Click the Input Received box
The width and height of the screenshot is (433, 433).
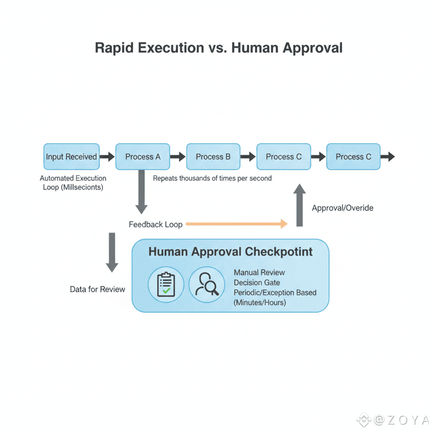[x=72, y=156]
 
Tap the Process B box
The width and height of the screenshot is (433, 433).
[x=213, y=156]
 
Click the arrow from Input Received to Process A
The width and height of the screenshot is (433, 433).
[x=107, y=156]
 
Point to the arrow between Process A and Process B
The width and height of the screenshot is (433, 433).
[x=178, y=156]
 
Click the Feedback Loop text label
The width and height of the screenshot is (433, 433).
[x=155, y=224]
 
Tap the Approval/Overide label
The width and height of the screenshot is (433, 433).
[x=343, y=208]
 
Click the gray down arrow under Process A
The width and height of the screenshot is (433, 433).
[x=141, y=191]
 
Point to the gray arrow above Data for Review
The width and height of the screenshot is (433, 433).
[x=112, y=252]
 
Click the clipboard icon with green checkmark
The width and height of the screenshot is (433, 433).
[x=166, y=284]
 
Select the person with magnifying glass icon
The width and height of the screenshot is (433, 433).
[x=206, y=284]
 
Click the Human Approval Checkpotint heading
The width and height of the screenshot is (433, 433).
[x=231, y=252]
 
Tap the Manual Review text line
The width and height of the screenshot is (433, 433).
[x=259, y=272]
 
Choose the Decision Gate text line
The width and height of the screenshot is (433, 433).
[x=257, y=282]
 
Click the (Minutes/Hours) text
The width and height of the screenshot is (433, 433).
[x=260, y=302]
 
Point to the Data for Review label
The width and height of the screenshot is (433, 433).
[x=98, y=289]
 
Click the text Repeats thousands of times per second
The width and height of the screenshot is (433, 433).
[x=212, y=178]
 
